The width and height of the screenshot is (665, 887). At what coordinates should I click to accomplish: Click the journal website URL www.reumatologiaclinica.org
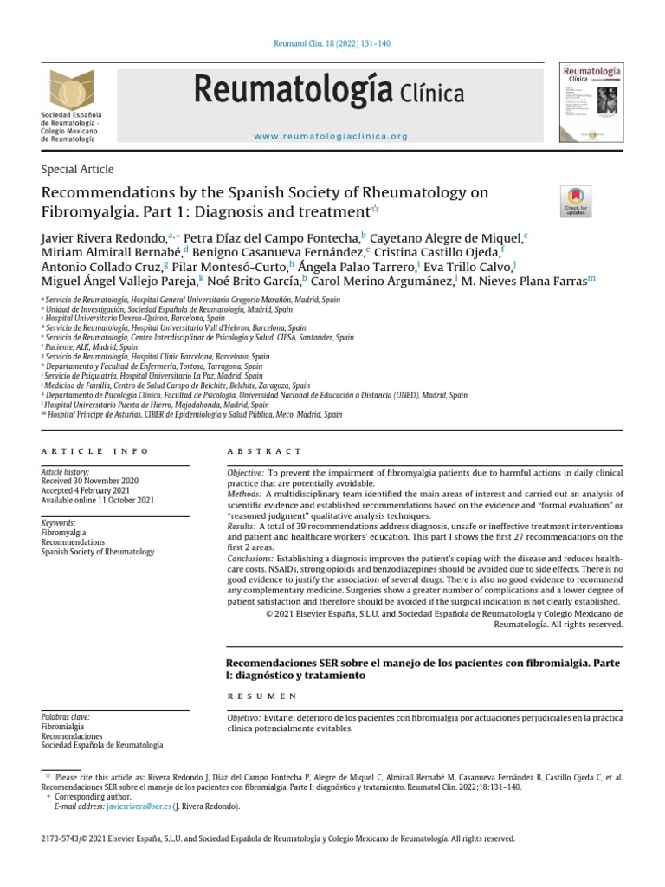(332, 136)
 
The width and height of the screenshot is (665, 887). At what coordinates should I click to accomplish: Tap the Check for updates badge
(577, 201)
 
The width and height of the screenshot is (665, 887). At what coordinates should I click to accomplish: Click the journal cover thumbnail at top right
(593, 100)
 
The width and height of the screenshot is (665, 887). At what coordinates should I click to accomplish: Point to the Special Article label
(77, 169)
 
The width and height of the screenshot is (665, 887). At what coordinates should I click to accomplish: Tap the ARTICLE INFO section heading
(95, 451)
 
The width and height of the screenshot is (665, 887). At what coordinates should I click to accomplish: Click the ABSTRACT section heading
(264, 451)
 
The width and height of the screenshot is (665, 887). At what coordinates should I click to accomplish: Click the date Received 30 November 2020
(90, 480)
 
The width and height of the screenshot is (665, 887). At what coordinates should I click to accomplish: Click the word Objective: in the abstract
(245, 473)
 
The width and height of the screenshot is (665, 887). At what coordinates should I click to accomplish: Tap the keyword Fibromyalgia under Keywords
(64, 533)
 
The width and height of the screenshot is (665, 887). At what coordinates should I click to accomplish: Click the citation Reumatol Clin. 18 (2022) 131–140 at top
(332, 42)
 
